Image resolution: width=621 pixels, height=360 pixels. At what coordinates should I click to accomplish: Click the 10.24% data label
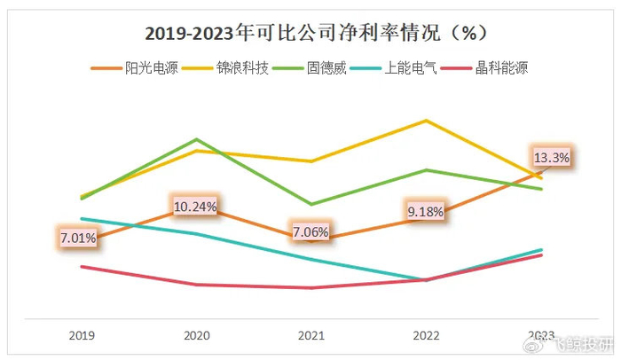[x=195, y=207]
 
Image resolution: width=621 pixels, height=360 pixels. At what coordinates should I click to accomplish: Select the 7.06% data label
[x=310, y=232]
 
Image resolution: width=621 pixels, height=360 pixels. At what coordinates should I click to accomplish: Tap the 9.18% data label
[x=426, y=213]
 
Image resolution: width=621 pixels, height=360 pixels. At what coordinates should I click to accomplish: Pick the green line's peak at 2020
[x=196, y=139]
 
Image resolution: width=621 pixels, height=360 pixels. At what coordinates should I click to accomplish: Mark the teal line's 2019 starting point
[x=81, y=218]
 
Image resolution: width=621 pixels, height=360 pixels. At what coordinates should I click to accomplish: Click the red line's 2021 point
[x=311, y=288]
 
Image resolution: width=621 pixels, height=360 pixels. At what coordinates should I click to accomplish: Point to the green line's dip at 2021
[x=311, y=204]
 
